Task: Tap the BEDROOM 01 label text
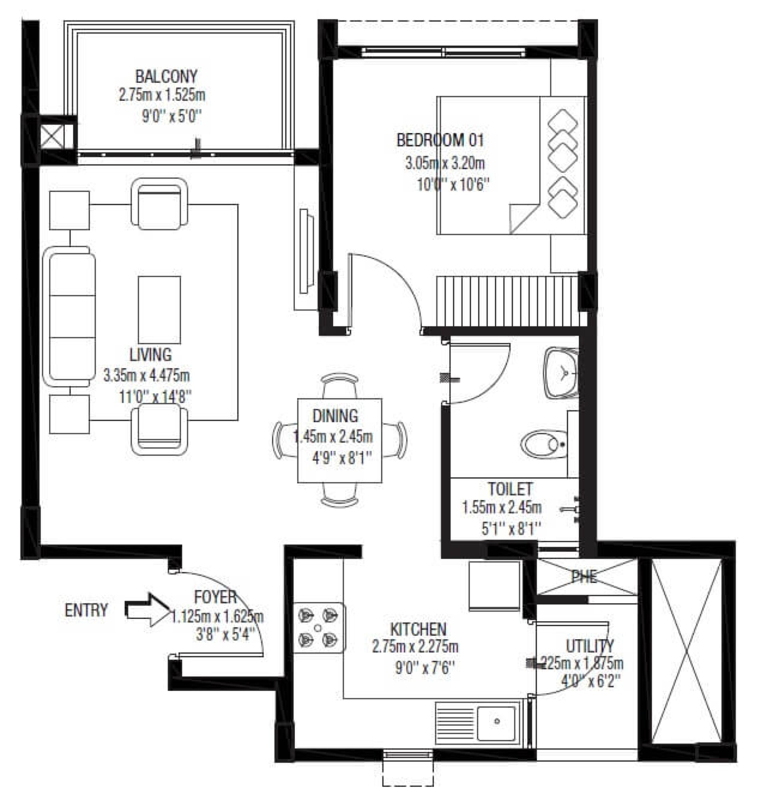pyautogui.click(x=440, y=141)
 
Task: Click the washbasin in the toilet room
pyautogui.click(x=561, y=373)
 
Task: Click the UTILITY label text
pyautogui.click(x=590, y=646)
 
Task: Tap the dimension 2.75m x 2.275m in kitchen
pyautogui.click(x=415, y=647)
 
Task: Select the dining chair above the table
pyautogui.click(x=340, y=385)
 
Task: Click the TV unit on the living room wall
pyautogui.click(x=305, y=252)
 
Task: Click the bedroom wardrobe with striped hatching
pyautogui.click(x=507, y=301)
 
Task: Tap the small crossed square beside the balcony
pyautogui.click(x=52, y=136)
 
